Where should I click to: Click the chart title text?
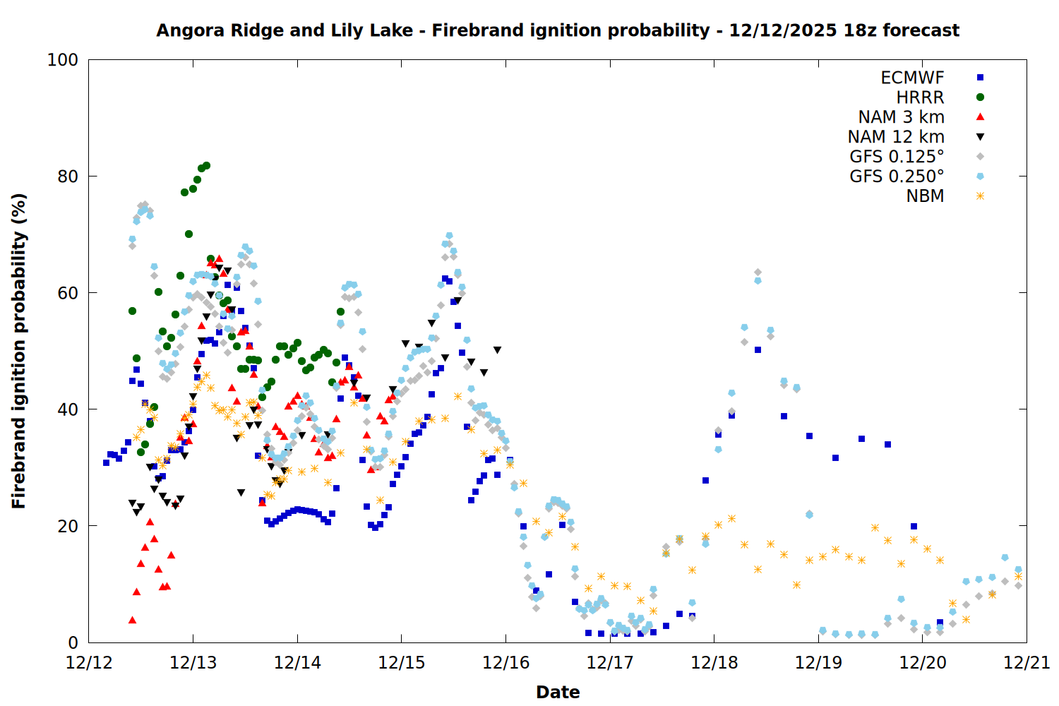point(558,30)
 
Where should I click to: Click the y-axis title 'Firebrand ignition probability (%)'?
point(18,351)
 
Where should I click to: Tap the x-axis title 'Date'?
point(558,692)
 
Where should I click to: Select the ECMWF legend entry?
point(912,78)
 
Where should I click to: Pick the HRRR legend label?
point(920,97)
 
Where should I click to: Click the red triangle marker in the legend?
point(980,116)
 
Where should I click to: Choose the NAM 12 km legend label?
point(896,137)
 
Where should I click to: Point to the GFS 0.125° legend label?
point(897,157)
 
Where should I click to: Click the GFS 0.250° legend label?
point(897,176)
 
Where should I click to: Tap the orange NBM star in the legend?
point(980,196)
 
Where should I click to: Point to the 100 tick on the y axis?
point(63,60)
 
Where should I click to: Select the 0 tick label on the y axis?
point(73,642)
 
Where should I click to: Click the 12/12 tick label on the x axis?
point(89,663)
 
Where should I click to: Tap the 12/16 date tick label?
point(505,663)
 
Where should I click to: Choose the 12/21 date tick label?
point(1027,663)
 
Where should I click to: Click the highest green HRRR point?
point(206,166)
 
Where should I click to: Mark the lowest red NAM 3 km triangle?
point(132,620)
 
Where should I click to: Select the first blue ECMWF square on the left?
point(106,462)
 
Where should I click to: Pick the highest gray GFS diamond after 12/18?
point(758,272)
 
